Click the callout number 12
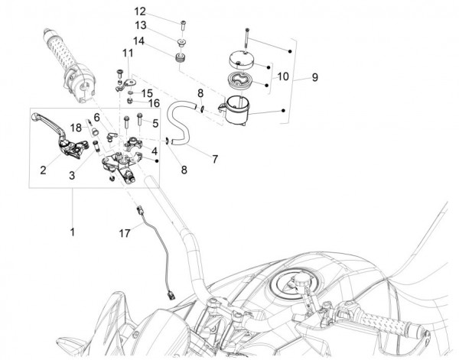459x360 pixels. click(x=139, y=11)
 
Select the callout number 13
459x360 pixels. click(x=139, y=25)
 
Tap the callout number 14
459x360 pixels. click(x=139, y=41)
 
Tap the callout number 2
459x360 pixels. click(x=43, y=169)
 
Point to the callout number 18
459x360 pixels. click(x=76, y=126)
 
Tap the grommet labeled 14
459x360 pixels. click(x=182, y=58)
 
